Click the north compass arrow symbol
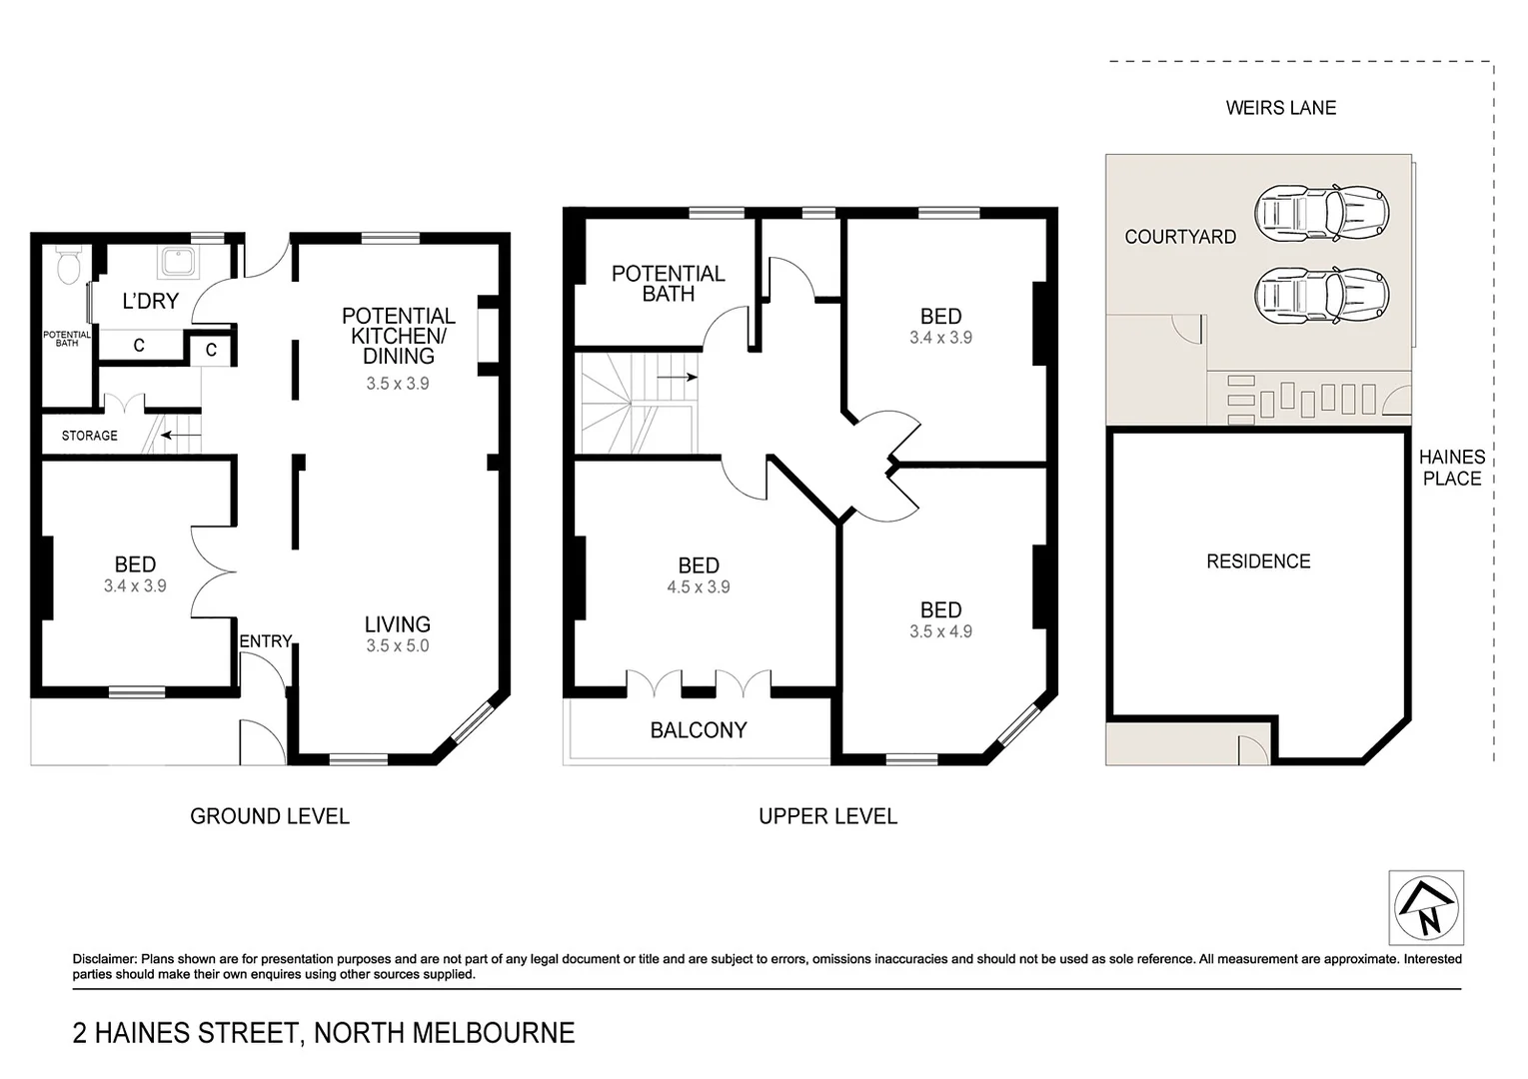1426,908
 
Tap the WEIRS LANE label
1280,108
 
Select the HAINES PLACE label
1451,468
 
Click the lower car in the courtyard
1321,295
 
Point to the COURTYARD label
1179,237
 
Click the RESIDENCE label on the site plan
1257,561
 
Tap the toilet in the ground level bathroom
68,266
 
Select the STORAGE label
89,436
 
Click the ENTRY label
265,641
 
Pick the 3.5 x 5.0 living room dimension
397,646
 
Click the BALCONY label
698,730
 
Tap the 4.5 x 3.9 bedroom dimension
698,587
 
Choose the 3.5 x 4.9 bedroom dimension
939,631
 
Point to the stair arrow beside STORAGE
180,436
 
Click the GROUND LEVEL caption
269,816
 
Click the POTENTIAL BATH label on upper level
668,284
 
